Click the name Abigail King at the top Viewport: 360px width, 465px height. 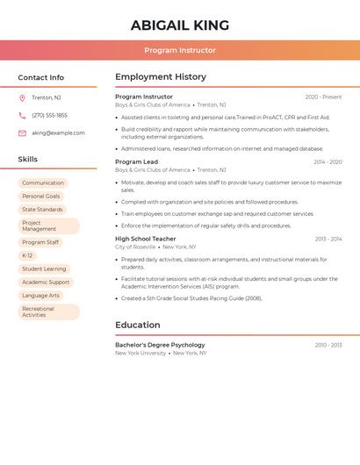(x=180, y=25)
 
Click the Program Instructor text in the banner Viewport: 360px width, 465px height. (x=180, y=50)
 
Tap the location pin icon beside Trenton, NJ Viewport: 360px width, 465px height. (x=22, y=97)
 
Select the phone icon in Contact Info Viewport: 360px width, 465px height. (x=22, y=115)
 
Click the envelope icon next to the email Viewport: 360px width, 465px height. (x=22, y=133)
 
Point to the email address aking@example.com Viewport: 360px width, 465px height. (x=58, y=133)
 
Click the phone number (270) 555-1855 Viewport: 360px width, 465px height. (x=49, y=115)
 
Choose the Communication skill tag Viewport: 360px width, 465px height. (x=43, y=183)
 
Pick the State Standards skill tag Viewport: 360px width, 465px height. (x=42, y=210)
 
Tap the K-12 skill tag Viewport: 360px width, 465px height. (x=27, y=255)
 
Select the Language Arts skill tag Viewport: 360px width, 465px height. (x=40, y=296)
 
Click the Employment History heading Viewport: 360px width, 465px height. (x=161, y=77)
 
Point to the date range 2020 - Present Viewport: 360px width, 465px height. (x=323, y=97)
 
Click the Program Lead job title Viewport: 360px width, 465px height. (x=136, y=162)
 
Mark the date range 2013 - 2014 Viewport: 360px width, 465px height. (x=328, y=239)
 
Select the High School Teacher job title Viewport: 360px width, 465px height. (x=145, y=239)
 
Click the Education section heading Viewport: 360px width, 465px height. (x=137, y=325)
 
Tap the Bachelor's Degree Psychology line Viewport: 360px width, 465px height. (x=160, y=345)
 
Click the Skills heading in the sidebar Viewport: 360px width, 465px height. (x=28, y=160)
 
